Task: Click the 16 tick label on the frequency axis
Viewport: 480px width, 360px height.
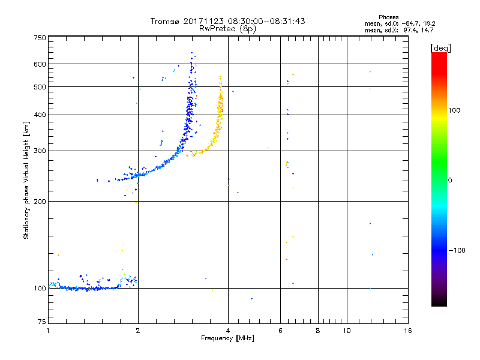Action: pyautogui.click(x=407, y=331)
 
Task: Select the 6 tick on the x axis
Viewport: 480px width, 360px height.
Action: pyautogui.click(x=280, y=331)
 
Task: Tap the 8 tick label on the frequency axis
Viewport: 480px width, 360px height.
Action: pyautogui.click(x=318, y=331)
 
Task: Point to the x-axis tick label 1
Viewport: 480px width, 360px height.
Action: pyautogui.click(x=48, y=331)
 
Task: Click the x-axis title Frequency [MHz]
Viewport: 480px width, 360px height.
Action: pyautogui.click(x=228, y=339)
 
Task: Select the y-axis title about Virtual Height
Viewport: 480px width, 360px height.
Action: pyautogui.click(x=26, y=180)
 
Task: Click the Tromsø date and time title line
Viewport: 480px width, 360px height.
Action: pyautogui.click(x=228, y=21)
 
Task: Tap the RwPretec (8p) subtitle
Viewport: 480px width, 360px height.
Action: pyautogui.click(x=228, y=28)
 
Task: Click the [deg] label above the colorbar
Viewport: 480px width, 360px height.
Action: pyautogui.click(x=441, y=47)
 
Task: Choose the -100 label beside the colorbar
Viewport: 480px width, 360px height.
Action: pyautogui.click(x=458, y=250)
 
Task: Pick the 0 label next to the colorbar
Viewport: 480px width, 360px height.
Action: pyautogui.click(x=451, y=180)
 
